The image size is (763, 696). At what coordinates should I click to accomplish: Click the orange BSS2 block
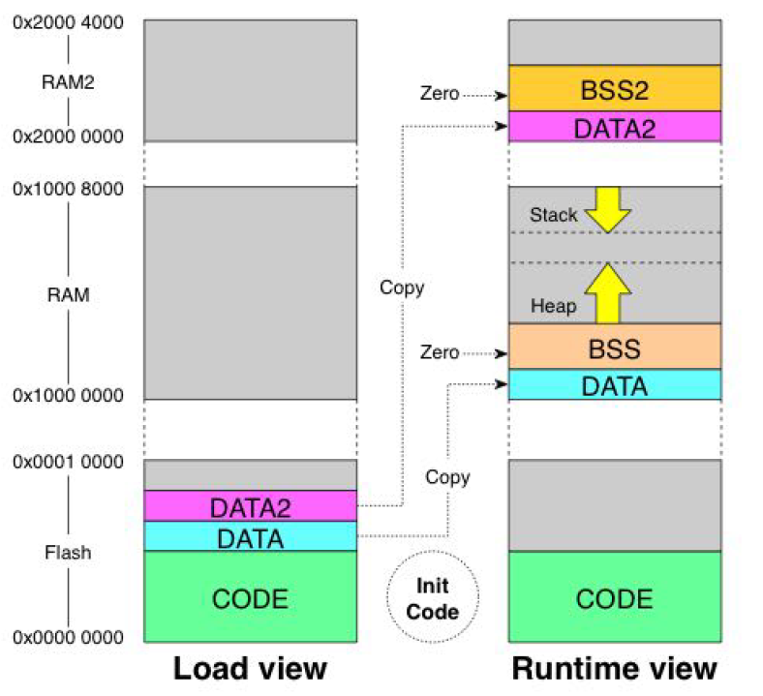coord(615,88)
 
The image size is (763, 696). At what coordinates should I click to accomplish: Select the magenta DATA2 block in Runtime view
coord(615,126)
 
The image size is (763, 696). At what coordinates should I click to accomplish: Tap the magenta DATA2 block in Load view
coord(250,506)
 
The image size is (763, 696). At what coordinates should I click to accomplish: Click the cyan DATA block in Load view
coord(250,536)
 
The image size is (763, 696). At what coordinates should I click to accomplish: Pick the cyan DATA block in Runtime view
coord(615,385)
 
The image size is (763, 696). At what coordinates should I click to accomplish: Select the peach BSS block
coord(615,347)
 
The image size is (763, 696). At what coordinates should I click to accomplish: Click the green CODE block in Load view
coord(250,597)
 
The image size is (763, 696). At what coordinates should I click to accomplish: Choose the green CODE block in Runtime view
coord(615,597)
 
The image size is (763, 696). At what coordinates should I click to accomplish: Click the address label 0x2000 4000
coord(68,22)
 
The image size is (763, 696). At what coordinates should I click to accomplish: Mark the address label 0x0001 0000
coord(68,462)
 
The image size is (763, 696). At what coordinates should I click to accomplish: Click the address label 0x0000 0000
coord(68,637)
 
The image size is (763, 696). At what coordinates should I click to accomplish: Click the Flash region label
coord(68,553)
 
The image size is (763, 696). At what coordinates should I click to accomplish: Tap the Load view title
coord(250,670)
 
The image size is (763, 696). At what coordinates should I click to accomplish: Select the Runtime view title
coord(615,670)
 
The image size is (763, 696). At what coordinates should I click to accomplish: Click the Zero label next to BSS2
coord(440,95)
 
